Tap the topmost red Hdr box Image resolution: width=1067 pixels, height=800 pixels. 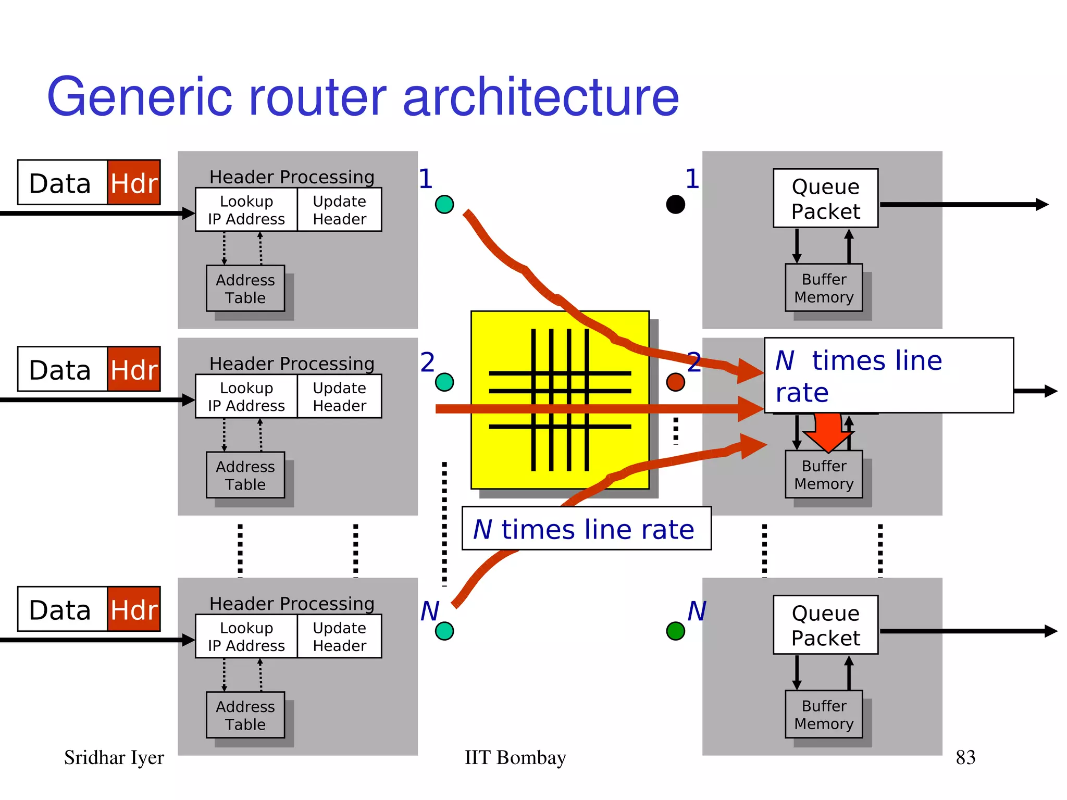(134, 183)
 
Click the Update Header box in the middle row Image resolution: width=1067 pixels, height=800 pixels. (339, 396)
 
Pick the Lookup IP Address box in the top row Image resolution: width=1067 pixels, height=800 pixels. (246, 210)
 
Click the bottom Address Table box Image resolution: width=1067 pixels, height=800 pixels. (245, 715)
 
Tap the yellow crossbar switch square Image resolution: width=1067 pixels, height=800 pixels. (560, 399)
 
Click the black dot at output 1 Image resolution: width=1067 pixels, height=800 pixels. (675, 204)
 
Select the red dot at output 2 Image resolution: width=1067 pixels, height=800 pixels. (675, 382)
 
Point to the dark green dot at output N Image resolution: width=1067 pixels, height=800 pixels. (675, 631)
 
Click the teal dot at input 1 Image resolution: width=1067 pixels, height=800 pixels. (444, 204)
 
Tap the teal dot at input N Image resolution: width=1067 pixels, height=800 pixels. (444, 631)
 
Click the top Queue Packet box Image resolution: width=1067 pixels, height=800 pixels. (825, 198)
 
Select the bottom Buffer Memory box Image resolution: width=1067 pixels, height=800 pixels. (824, 714)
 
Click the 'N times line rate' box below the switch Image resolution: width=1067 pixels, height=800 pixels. (586, 529)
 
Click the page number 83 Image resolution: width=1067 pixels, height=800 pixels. (965, 757)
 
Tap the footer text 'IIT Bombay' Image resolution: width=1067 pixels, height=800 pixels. (515, 757)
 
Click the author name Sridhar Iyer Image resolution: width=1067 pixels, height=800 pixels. (114, 757)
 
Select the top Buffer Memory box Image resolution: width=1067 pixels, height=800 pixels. (824, 287)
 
